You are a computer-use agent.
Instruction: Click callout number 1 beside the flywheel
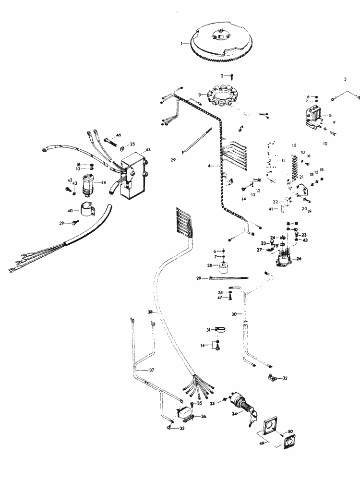coord(182,44)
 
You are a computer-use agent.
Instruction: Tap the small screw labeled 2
coord(232,76)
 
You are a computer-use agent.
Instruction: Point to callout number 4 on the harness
coord(209,166)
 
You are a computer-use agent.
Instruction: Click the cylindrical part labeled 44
coord(89,185)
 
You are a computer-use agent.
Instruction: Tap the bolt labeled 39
coord(74,223)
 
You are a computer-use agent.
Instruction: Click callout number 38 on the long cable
coord(150,312)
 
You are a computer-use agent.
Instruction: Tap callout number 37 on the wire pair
coord(152,370)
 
